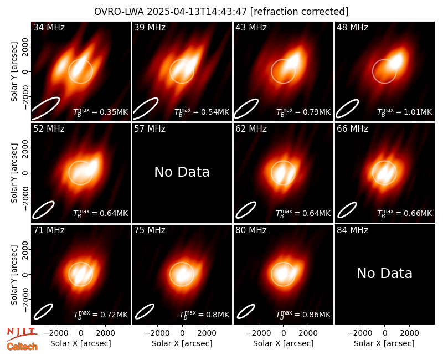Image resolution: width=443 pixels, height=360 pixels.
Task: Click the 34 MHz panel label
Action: click(49, 27)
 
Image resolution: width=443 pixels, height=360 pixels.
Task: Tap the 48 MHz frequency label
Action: click(352, 27)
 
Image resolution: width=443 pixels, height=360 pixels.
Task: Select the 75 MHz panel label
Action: click(150, 230)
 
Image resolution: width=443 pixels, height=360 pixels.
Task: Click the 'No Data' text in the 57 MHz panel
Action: click(182, 172)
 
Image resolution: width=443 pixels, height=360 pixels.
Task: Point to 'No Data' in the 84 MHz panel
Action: click(384, 273)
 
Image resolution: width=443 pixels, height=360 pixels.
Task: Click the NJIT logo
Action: click(22, 334)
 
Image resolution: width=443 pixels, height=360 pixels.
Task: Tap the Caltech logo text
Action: click(22, 347)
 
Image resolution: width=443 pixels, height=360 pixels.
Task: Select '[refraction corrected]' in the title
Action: click(300, 12)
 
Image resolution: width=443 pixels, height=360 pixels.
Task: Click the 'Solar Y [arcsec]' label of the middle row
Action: click(14, 173)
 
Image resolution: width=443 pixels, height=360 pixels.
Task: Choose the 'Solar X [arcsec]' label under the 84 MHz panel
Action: click(384, 343)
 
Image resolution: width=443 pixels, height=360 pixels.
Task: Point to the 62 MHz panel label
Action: click(251, 129)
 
